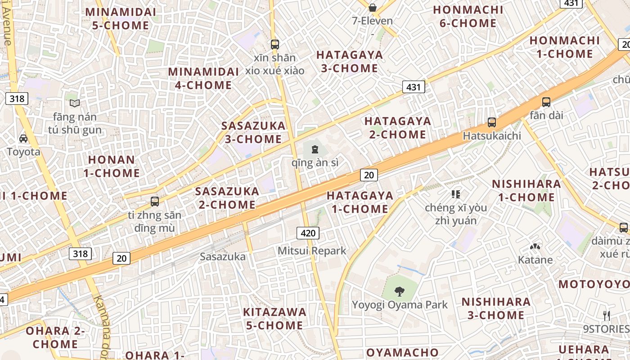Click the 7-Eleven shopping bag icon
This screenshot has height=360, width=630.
pyautogui.click(x=372, y=7)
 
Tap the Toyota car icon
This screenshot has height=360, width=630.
pyautogui.click(x=23, y=139)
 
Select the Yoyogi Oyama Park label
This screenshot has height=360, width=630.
pyautogui.click(x=400, y=305)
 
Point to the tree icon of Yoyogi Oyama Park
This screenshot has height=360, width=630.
pyautogui.click(x=399, y=291)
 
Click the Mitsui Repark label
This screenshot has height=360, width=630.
pyautogui.click(x=312, y=251)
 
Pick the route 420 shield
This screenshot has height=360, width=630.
pyautogui.click(x=308, y=233)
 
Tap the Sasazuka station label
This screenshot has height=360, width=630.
pyautogui.click(x=223, y=256)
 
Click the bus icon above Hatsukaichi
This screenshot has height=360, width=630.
pyautogui.click(x=492, y=122)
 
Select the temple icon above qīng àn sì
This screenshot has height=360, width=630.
pyautogui.click(x=315, y=149)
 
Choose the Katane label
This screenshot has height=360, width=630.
pyautogui.click(x=535, y=260)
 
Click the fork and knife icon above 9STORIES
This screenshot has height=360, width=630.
pyautogui.click(x=607, y=315)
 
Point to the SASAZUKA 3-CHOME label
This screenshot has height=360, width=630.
pyautogui.click(x=253, y=132)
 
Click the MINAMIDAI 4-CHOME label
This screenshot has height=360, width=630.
pyautogui.click(x=200, y=78)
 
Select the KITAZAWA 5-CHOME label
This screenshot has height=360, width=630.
pyautogui.click(x=274, y=319)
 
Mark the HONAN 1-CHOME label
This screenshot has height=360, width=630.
pyautogui.click(x=112, y=166)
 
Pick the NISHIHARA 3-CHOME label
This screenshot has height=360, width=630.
pyautogui.click(x=496, y=308)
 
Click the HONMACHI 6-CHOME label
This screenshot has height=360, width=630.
pyautogui.click(x=468, y=17)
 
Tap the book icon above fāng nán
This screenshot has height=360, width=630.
pyautogui.click(x=75, y=103)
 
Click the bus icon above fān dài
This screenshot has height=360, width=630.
pyautogui.click(x=546, y=102)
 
